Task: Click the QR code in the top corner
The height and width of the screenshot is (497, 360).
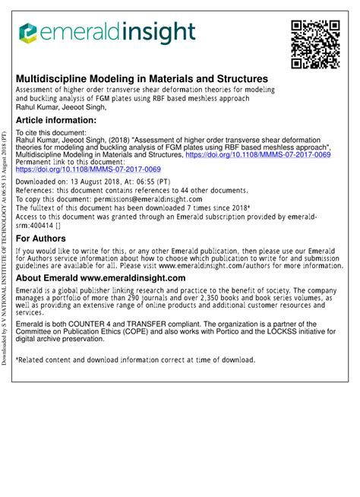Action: [x=314, y=45]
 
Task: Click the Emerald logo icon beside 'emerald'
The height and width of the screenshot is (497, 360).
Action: [x=28, y=33]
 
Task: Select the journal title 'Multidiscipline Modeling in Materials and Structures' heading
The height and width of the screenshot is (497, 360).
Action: [x=142, y=79]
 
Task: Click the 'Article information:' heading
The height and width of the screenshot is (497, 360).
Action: [x=56, y=120]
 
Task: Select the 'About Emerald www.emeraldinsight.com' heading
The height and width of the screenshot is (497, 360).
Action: [x=101, y=278]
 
